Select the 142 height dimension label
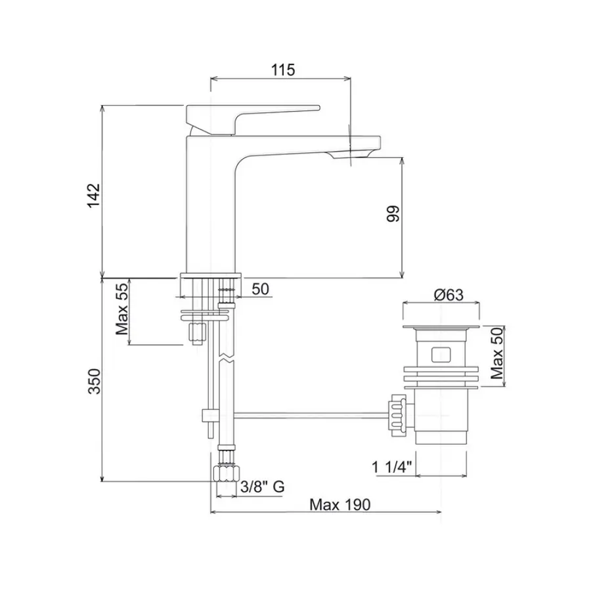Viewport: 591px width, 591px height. coord(93,195)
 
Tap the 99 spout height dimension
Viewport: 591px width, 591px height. coord(393,214)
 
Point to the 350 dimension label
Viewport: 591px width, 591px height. coord(93,382)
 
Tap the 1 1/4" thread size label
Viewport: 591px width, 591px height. coord(390,467)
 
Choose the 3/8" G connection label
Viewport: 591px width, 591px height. coord(262,487)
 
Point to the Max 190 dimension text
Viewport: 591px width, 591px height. coord(340,504)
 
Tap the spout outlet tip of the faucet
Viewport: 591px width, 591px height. coord(355,154)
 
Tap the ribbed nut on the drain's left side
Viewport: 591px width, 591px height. coord(397,414)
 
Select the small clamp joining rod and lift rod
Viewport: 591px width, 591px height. coord(208,415)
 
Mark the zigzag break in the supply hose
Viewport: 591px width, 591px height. coord(225,359)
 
